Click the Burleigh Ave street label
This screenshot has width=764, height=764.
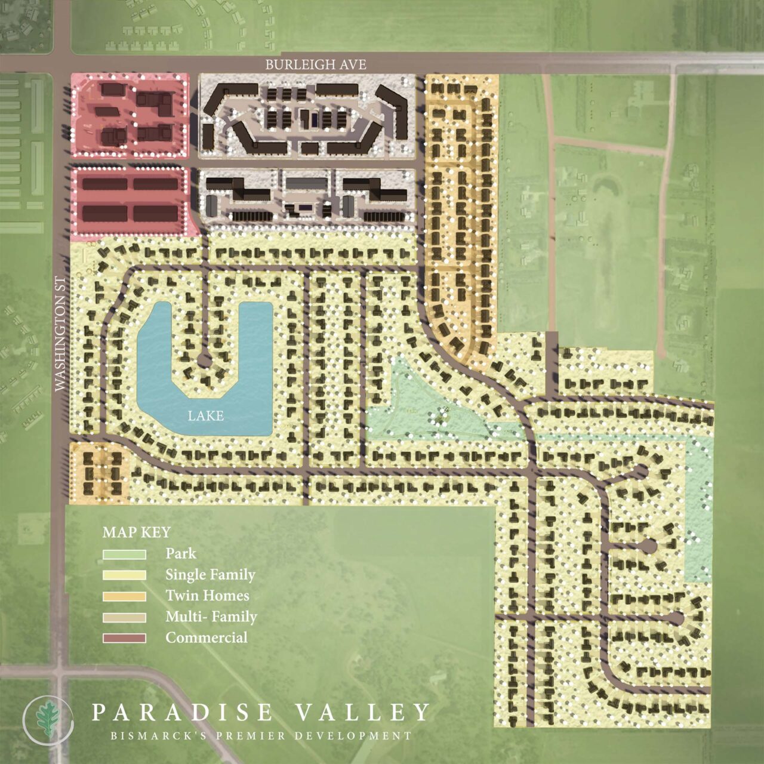[x=315, y=64]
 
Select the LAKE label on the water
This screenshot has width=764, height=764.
[x=205, y=415]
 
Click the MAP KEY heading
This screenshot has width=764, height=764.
[x=137, y=532]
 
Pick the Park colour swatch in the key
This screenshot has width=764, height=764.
[x=124, y=554]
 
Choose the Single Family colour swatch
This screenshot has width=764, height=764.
[x=124, y=575]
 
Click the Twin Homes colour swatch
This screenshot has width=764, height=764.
[x=124, y=596]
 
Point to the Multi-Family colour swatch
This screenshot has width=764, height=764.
[x=124, y=617]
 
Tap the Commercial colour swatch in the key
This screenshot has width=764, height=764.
[x=124, y=638]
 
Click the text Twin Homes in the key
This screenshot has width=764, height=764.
[x=207, y=596]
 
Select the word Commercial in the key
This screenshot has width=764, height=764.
[x=206, y=637]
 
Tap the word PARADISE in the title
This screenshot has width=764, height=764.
[x=182, y=712]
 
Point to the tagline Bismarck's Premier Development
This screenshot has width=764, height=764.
[x=261, y=736]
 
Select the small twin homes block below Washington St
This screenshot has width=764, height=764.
[x=99, y=470]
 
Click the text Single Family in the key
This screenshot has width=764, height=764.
[x=210, y=575]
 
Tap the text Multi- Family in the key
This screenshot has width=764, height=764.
[x=211, y=617]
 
